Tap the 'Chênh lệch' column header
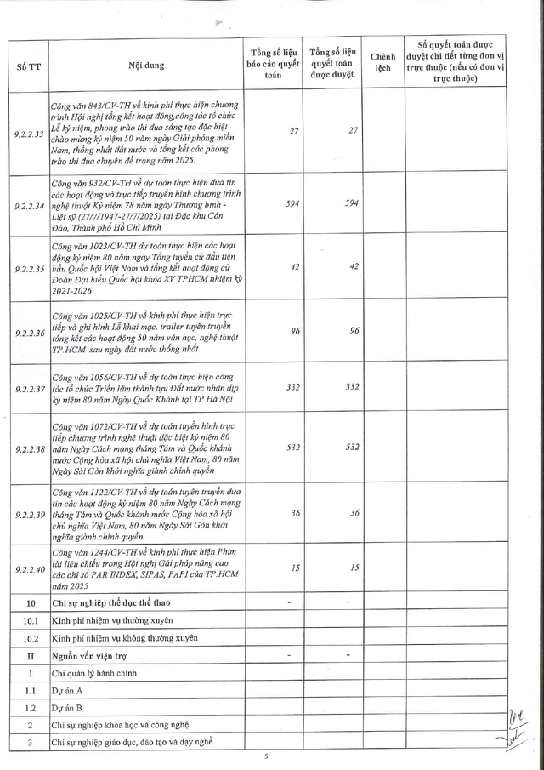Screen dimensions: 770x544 [x=382, y=65]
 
